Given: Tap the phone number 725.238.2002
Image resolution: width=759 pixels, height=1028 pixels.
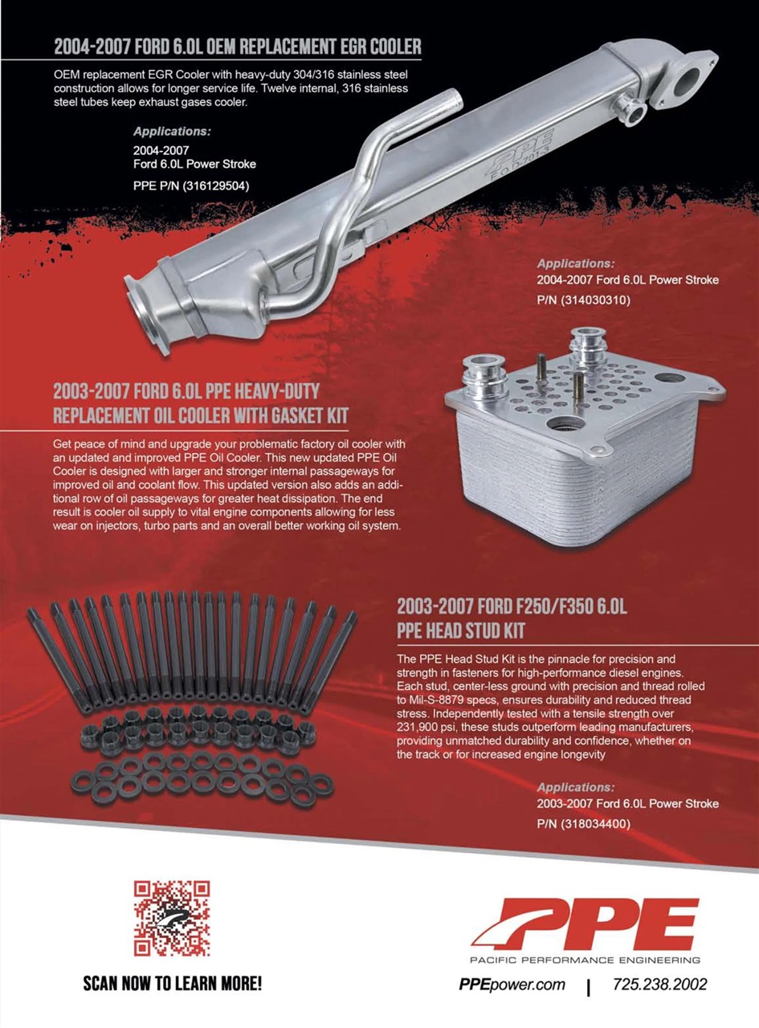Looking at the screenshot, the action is [659, 985].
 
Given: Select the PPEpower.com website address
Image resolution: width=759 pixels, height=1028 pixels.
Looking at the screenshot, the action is [512, 985].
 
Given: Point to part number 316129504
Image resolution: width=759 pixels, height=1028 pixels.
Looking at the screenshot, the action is [216, 186].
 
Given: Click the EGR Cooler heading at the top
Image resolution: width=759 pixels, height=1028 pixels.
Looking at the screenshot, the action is [238, 47].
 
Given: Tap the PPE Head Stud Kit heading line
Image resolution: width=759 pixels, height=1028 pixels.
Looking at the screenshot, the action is [460, 630].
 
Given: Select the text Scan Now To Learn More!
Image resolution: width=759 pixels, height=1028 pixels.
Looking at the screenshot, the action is [173, 984].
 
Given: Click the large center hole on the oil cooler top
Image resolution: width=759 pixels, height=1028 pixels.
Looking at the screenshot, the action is [564, 422].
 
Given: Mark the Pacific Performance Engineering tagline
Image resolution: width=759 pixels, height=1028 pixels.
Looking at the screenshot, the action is [586, 960].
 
